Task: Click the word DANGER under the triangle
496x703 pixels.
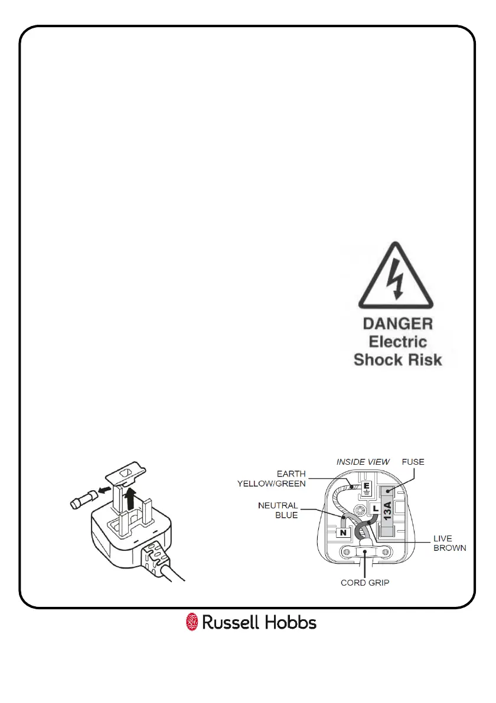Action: [398, 324]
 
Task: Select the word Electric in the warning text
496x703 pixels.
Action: [398, 341]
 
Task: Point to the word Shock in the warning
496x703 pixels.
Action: [376, 360]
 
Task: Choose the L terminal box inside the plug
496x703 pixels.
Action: [376, 508]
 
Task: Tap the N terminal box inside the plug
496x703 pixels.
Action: [344, 533]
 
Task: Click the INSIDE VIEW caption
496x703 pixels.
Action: [363, 462]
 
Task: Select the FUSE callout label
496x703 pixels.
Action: [413, 462]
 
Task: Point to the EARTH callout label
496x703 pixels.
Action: [291, 474]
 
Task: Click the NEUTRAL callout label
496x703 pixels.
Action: [278, 505]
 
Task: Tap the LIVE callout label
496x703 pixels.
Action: [443, 538]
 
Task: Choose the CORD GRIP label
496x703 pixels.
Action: [365, 583]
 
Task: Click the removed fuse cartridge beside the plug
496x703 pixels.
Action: [83, 500]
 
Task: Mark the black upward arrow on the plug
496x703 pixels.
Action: [131, 500]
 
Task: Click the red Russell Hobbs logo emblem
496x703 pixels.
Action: [192, 622]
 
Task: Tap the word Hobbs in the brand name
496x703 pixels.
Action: [290, 622]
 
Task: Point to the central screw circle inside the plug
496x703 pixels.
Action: [358, 510]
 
